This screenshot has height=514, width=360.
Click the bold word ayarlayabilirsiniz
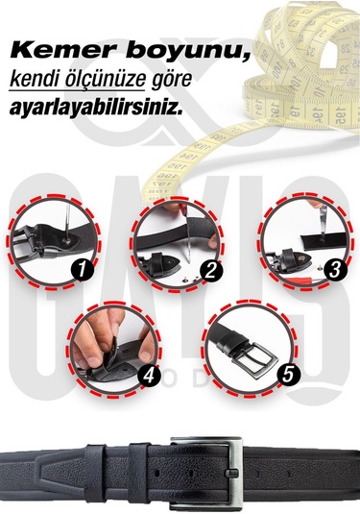pyautogui.click(x=93, y=108)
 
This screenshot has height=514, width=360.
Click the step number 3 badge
pyautogui.click(x=332, y=270)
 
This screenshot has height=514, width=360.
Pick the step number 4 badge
pyautogui.click(x=147, y=377)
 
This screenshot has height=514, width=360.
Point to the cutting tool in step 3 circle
pyautogui.click(x=313, y=216)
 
